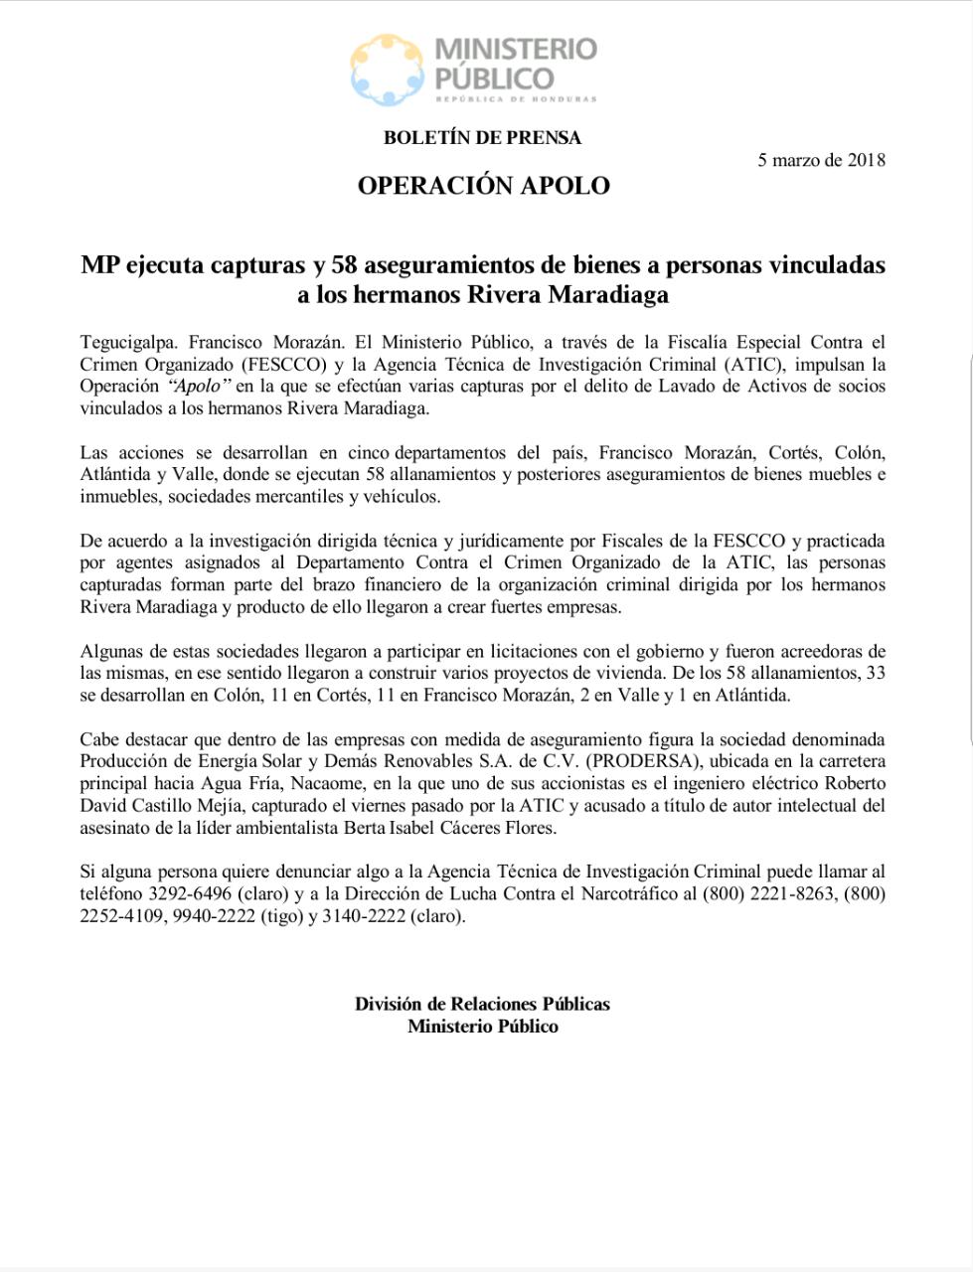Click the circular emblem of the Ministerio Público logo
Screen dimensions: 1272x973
(388, 71)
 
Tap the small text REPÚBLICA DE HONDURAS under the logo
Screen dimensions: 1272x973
(516, 99)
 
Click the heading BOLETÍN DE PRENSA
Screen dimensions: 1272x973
(482, 138)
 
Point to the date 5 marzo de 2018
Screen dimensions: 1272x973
(821, 160)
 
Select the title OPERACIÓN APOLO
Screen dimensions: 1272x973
(483, 186)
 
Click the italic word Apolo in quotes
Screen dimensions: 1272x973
(200, 387)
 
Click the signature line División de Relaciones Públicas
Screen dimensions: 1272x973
(482, 1005)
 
